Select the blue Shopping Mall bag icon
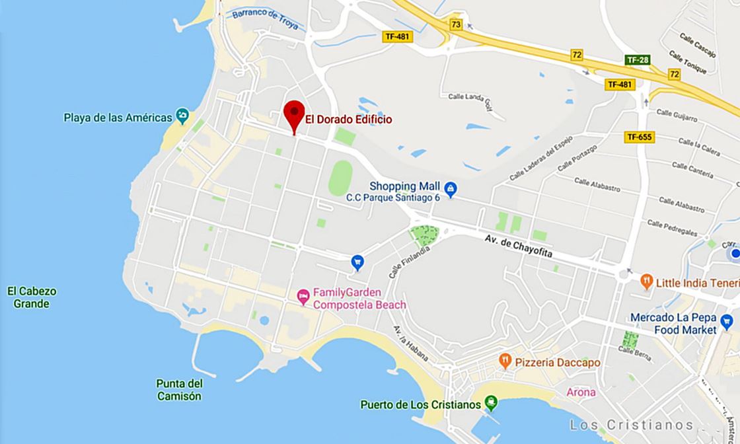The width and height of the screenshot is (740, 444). coord(450,190)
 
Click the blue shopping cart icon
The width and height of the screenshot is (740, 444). coord(357,262)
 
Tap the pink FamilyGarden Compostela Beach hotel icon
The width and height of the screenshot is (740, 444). coord(303,295)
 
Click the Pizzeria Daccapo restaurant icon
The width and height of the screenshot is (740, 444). coord(505,361)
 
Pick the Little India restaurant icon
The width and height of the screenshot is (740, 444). coord(647,282)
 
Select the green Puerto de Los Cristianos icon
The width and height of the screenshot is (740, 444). coord(491,402)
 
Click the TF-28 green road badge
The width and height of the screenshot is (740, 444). coord(637,60)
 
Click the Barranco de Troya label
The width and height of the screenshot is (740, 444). coord(264,20)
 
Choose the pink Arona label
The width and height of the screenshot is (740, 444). coord(581,392)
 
